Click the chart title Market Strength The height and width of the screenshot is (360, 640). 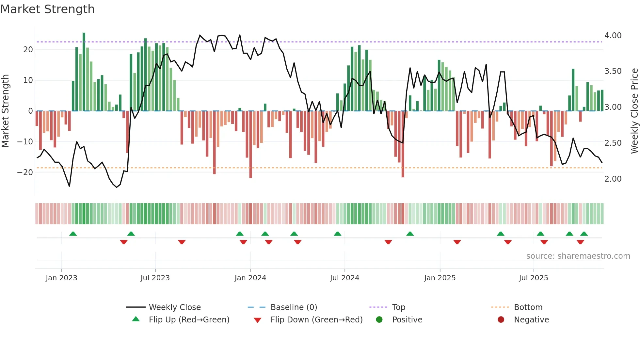47,9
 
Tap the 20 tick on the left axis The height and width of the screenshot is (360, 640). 28,50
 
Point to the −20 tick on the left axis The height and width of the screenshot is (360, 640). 25,172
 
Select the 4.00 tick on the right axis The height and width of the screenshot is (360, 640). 613,36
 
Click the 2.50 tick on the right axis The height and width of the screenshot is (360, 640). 613,143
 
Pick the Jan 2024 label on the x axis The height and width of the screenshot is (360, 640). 250,278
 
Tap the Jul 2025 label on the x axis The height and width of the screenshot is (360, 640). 533,278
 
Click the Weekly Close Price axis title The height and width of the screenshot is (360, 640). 634,111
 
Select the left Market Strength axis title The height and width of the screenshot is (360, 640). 6,111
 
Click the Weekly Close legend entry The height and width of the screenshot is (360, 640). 174,307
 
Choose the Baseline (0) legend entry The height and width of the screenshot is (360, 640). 294,307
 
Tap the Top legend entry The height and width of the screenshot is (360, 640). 398,307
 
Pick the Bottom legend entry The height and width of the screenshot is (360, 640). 528,307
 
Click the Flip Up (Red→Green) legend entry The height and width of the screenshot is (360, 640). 189,320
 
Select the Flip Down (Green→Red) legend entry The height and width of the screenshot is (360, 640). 316,320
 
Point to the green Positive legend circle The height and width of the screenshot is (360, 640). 379,320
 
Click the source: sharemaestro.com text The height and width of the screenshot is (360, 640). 578,256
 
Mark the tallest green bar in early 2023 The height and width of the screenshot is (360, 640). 84,72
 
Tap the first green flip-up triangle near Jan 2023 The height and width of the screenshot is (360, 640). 73,234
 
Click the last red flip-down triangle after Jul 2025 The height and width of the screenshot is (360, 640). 580,242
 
